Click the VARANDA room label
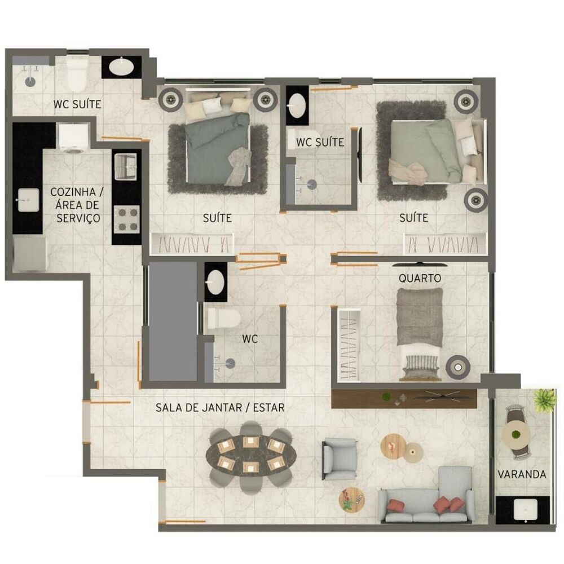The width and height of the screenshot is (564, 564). (522, 474)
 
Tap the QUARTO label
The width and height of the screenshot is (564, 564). (420, 278)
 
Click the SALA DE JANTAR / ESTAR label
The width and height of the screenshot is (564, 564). (220, 408)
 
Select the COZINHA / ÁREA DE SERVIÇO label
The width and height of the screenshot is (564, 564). (77, 205)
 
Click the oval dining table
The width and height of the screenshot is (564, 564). (251, 456)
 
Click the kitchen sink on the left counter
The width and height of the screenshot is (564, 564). (28, 200)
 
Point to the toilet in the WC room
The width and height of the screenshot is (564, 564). (223, 319)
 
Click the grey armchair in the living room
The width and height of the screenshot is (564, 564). (340, 459)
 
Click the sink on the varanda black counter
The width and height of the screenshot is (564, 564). (526, 510)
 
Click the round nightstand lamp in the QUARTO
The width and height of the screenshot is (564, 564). (458, 367)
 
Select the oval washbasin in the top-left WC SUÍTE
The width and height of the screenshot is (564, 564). (121, 67)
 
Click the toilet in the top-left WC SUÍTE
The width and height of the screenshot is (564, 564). (77, 76)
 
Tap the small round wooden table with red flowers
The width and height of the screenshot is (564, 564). (351, 500)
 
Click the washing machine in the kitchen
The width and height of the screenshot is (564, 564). (74, 138)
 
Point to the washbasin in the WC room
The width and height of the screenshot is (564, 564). (215, 281)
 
